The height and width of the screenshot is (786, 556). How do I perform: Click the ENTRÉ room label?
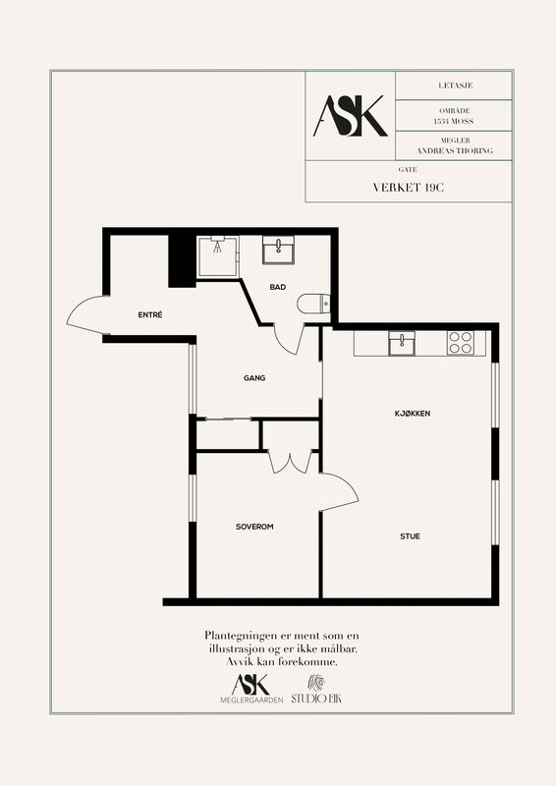150,314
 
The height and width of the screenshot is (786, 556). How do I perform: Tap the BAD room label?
278,287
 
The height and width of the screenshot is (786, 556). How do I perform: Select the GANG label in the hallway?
254,378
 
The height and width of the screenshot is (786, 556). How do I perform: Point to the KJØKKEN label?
413,414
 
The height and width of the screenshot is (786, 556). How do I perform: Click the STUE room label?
410,536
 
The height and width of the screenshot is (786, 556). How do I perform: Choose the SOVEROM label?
254,527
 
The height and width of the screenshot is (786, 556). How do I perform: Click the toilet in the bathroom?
313,304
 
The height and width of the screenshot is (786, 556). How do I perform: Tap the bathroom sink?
278,250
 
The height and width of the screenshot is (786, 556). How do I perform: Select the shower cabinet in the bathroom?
218,256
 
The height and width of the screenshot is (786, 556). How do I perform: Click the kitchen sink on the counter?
402,343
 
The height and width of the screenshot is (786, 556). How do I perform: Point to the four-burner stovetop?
461,343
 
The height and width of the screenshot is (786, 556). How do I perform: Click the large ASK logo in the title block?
351,116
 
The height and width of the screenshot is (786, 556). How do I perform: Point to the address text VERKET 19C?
409,188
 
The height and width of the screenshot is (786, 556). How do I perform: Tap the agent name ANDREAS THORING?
455,150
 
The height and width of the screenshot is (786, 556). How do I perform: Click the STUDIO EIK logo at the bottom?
316,691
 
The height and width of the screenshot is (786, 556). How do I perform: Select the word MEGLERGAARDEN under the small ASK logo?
251,700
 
